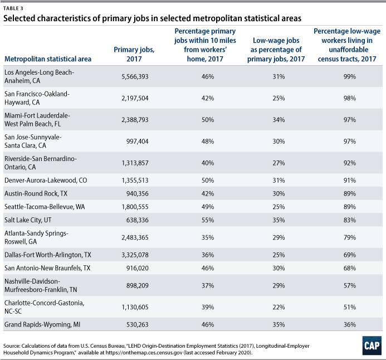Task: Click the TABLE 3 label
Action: pos(13,7)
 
